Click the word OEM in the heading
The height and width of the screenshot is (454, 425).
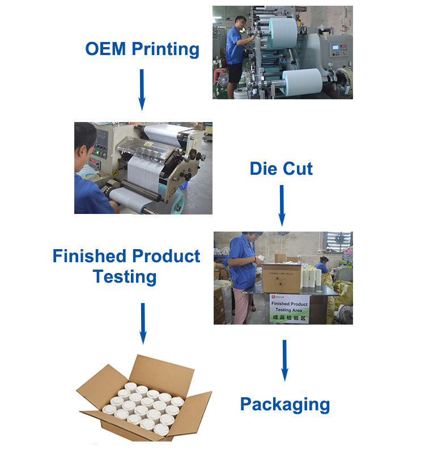[105, 49]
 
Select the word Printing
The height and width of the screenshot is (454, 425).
[165, 50]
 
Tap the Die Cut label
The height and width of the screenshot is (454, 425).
[281, 168]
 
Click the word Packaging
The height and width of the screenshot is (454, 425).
[284, 405]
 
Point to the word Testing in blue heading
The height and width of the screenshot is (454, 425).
[125, 277]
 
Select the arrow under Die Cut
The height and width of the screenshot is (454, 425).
[282, 205]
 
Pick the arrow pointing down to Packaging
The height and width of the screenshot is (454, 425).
[284, 360]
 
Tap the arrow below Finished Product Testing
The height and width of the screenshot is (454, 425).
[143, 323]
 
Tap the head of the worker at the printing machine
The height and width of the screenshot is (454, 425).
[240, 22]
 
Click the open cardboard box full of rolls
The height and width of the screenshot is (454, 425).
[144, 401]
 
